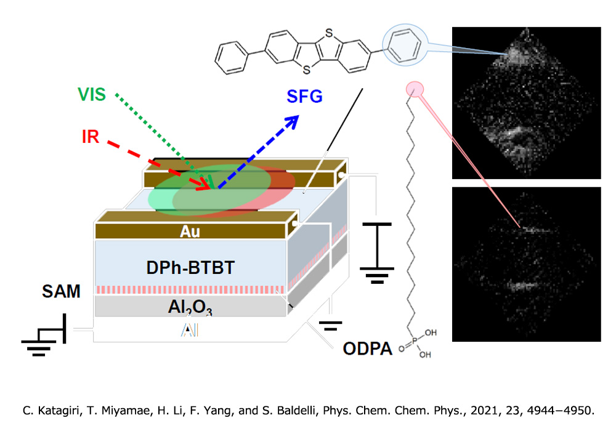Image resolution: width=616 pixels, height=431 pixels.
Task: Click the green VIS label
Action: coord(92,95)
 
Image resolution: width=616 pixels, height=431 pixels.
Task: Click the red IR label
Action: coord(91,137)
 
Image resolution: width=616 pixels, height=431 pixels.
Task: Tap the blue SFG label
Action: coord(304,97)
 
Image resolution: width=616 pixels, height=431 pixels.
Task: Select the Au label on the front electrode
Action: coord(190,232)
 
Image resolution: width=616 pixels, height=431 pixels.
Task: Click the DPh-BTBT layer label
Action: coord(190,268)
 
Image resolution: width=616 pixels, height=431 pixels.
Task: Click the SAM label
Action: coord(61,291)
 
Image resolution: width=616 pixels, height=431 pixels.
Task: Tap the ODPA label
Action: coord(367,348)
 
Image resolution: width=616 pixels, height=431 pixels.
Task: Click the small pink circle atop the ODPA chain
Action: coord(415,89)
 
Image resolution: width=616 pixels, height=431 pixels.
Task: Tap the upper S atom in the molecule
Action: coord(329,33)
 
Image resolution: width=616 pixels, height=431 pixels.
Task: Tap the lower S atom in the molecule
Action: coord(306,70)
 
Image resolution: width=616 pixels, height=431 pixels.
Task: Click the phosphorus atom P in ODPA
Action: coord(415,340)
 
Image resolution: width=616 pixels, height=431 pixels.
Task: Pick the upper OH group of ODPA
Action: coord(431,332)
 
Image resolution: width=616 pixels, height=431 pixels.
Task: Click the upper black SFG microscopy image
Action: coord(527,103)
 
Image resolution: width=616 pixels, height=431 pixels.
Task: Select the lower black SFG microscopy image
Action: coord(527,264)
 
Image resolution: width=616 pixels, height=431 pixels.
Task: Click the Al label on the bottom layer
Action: coord(190,331)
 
